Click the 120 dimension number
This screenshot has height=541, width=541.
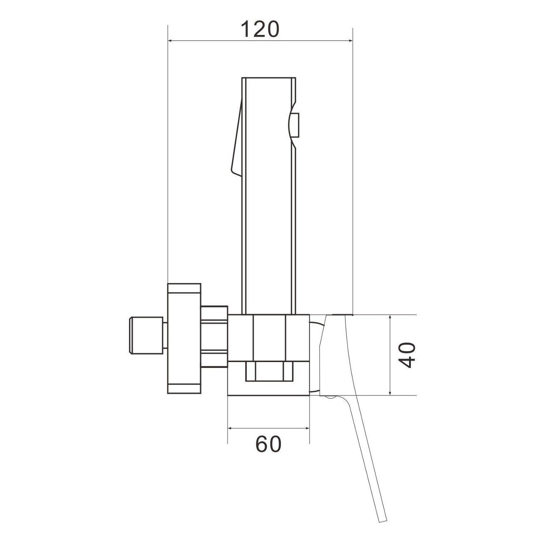pos(261,29)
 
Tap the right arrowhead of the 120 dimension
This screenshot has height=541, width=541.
pos(349,41)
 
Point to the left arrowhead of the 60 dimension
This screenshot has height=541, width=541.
pos(231,428)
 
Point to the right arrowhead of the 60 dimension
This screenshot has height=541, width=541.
pos(306,428)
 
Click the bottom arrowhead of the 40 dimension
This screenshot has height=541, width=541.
pos(390,392)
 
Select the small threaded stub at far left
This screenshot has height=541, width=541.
pos(146,335)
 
